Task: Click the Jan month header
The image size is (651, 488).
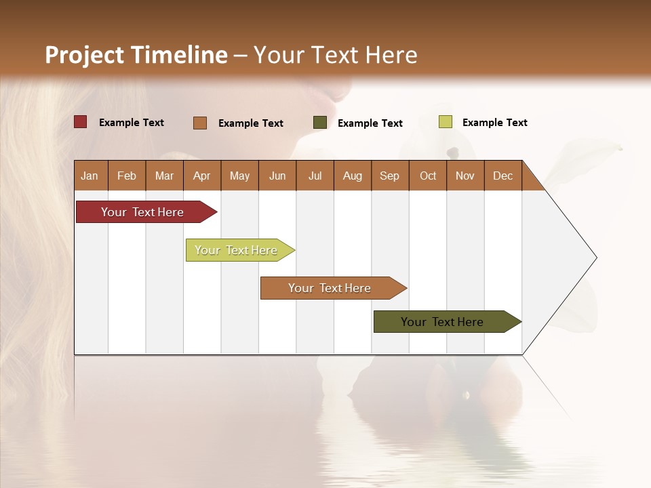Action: [90, 176]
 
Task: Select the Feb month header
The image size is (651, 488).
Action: [127, 176]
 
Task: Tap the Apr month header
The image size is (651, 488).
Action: [201, 176]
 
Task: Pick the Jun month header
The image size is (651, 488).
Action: [277, 176]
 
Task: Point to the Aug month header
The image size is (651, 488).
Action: [352, 176]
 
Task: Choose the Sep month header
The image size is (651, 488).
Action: [389, 176]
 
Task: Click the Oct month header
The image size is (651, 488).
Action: [428, 176]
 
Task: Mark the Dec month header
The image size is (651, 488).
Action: [502, 176]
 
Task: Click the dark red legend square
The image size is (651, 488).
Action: [80, 122]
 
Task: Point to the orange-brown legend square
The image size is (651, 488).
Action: [200, 123]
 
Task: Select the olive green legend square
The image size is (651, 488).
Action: [320, 123]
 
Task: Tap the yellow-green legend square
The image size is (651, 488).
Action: [445, 122]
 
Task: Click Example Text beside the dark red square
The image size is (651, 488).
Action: [132, 123]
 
